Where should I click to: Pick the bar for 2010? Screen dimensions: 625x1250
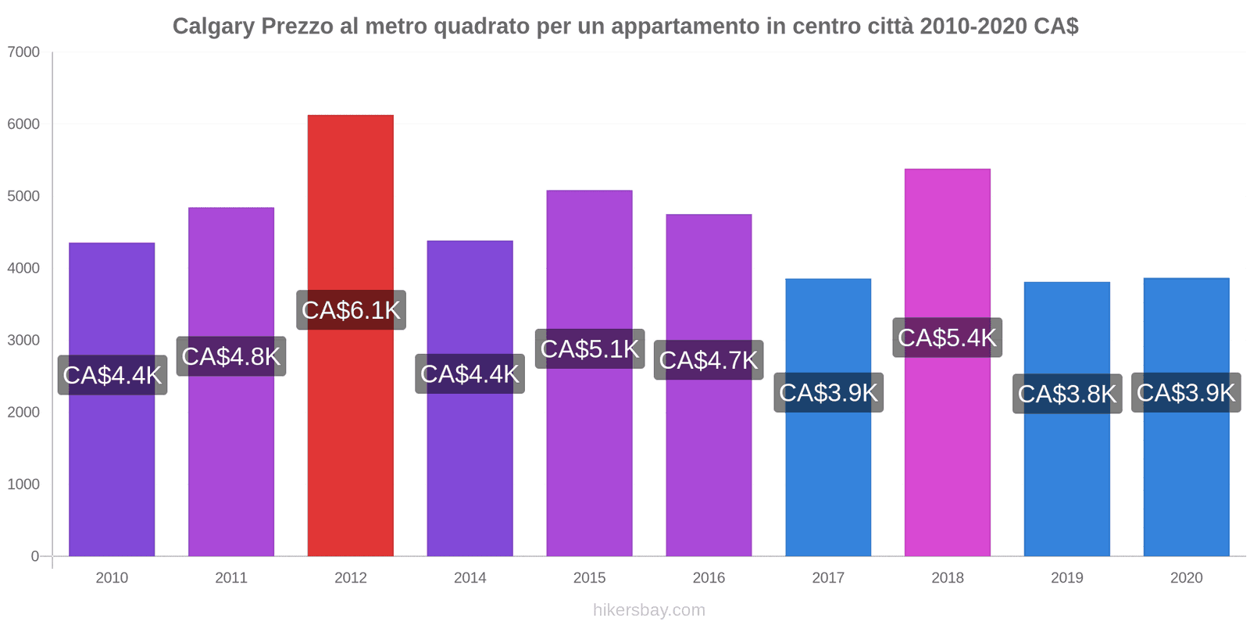tap(112, 469)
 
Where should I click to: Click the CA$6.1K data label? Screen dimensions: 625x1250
tap(351, 310)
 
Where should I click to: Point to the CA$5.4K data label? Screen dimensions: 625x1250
tap(947, 337)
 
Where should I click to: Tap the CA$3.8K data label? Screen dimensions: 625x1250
tap(1067, 394)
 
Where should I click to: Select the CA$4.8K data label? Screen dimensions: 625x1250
tap(231, 356)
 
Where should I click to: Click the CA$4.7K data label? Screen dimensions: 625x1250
tap(709, 360)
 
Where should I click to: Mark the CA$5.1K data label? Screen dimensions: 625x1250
tap(590, 348)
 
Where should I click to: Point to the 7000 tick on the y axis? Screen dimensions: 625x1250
tap(23, 52)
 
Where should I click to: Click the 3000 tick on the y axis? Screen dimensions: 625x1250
tap(23, 341)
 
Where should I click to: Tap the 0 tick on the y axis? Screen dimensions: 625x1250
tap(34, 556)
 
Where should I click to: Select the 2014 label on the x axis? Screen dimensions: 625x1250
tap(470, 578)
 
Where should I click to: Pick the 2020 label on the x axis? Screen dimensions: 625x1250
tap(1186, 578)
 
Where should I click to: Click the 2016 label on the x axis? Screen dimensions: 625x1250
tap(709, 578)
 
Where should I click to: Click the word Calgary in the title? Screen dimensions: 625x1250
tap(213, 27)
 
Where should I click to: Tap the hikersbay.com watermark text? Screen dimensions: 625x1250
tap(648, 610)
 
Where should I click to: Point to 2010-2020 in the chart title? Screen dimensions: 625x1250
tap(973, 27)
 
